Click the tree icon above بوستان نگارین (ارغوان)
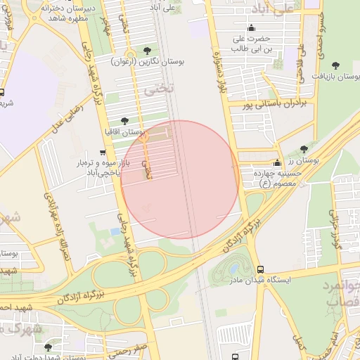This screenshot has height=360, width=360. (147, 51)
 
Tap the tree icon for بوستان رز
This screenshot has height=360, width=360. (303, 149)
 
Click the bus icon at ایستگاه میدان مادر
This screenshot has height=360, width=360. (261, 270)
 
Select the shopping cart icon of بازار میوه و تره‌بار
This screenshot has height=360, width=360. (103, 153)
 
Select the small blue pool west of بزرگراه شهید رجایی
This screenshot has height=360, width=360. (115, 231)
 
